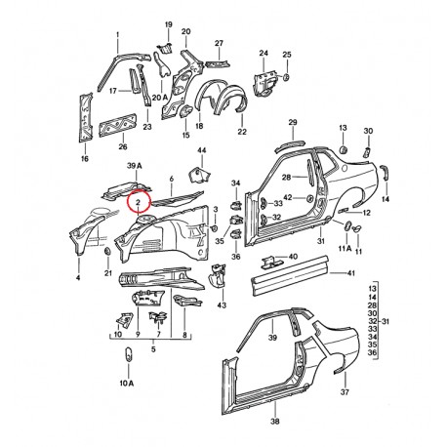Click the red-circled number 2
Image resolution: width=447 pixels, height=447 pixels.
(138, 202)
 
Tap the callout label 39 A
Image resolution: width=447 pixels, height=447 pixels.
(135, 166)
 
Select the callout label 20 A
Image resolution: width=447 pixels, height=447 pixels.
(159, 97)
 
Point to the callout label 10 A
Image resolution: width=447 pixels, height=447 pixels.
(127, 383)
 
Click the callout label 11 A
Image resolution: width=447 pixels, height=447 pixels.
(345, 248)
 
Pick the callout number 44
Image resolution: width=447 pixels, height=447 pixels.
(202, 150)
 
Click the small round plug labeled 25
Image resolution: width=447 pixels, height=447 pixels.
(286, 77)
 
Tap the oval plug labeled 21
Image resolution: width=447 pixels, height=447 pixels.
(107, 252)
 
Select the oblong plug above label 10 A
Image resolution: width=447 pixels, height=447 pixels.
(128, 354)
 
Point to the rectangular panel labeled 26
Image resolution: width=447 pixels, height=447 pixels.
(117, 125)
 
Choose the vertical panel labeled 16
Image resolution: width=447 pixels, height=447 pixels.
(86, 117)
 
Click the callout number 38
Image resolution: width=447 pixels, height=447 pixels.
(275, 422)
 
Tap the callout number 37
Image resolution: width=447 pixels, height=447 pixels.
(345, 392)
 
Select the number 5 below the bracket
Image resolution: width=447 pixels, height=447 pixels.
(153, 349)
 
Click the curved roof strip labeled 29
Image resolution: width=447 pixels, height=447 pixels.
(290, 145)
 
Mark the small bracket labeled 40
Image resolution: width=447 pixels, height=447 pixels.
(269, 262)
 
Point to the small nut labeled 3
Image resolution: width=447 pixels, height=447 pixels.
(215, 228)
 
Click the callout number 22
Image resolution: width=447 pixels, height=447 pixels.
(242, 132)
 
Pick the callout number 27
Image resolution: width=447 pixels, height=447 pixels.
(219, 43)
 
